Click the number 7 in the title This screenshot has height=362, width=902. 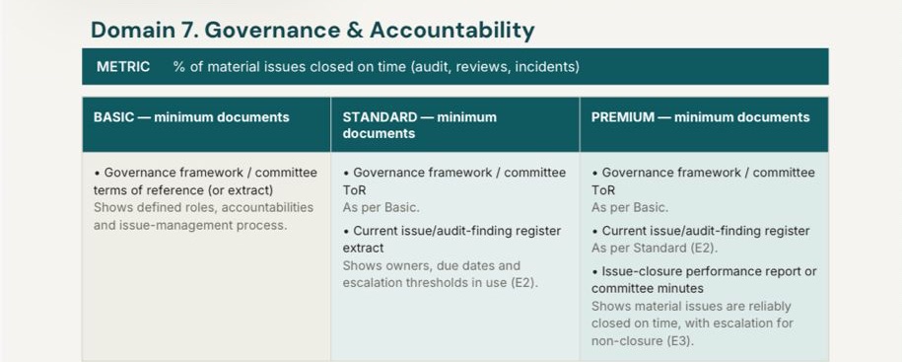click(185, 30)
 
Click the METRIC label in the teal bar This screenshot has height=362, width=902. click(123, 67)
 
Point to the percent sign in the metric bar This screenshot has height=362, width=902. click(178, 67)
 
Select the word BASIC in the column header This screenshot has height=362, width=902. click(113, 117)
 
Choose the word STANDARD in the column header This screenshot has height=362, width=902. click(380, 117)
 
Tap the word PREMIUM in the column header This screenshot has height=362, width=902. click(623, 117)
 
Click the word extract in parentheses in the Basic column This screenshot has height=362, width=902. click(249, 190)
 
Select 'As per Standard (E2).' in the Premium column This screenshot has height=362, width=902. click(655, 248)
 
